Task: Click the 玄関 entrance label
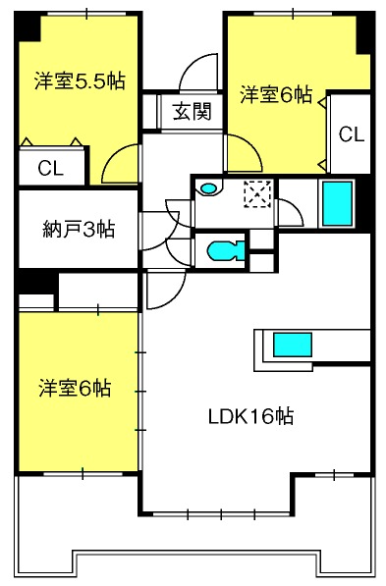pyautogui.click(x=193, y=111)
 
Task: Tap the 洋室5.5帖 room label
pyautogui.click(x=80, y=80)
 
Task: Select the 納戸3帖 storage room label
pyautogui.click(x=79, y=229)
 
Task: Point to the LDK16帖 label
pyautogui.click(x=250, y=416)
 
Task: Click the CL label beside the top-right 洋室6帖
pyautogui.click(x=352, y=134)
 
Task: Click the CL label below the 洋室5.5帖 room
pyautogui.click(x=50, y=169)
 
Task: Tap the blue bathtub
pyautogui.click(x=337, y=204)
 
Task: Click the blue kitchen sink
pyautogui.click(x=293, y=345)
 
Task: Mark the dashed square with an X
pyautogui.click(x=257, y=194)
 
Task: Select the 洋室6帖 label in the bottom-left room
pyautogui.click(x=76, y=388)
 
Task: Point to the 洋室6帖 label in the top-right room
pyautogui.click(x=276, y=94)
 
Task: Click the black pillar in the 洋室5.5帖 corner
pyautogui.click(x=28, y=27)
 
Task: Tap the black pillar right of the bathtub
pyautogui.click(x=363, y=204)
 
